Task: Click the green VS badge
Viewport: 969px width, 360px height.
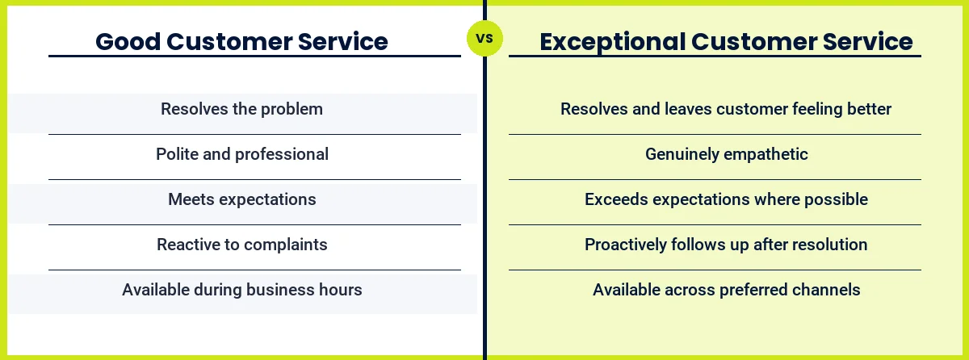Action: pyautogui.click(x=484, y=38)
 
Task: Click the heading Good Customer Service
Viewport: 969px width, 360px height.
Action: pyautogui.click(x=241, y=41)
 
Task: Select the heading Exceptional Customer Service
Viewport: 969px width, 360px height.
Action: pyautogui.click(x=726, y=41)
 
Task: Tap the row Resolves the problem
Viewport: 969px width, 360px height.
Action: pyautogui.click(x=241, y=109)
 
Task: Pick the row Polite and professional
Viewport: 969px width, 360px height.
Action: pyautogui.click(x=242, y=154)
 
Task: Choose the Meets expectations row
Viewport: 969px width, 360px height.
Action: pyautogui.click(x=242, y=199)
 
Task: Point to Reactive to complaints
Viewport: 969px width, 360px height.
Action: pyautogui.click(x=242, y=245)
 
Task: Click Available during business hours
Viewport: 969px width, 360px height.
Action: pyautogui.click(x=242, y=290)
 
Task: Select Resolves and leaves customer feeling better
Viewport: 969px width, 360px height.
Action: pyautogui.click(x=726, y=109)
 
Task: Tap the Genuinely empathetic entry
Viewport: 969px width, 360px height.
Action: pyautogui.click(x=726, y=154)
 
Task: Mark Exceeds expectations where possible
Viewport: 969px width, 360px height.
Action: pyautogui.click(x=726, y=199)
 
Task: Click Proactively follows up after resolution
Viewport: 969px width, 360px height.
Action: pyautogui.click(x=726, y=245)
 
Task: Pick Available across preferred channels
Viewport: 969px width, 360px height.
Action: pyautogui.click(x=726, y=290)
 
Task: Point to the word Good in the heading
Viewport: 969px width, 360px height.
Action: pyautogui.click(x=126, y=41)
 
